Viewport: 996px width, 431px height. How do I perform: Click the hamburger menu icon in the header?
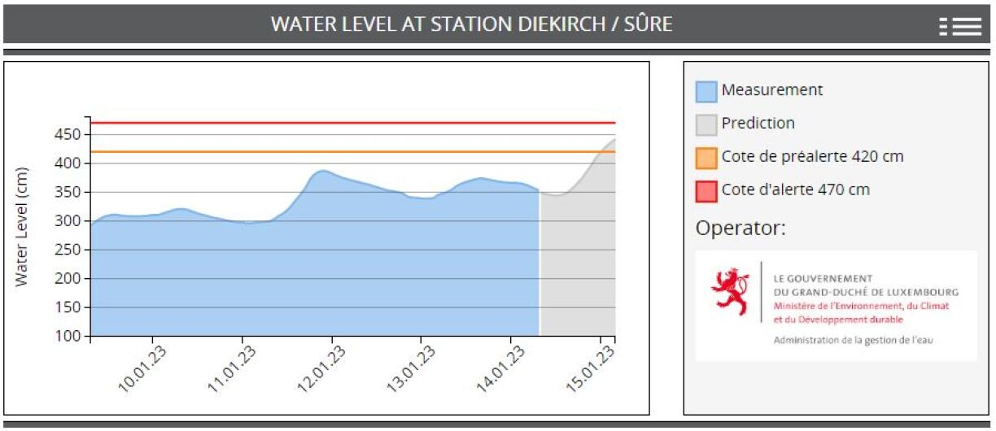(960, 26)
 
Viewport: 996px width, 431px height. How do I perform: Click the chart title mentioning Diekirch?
(471, 24)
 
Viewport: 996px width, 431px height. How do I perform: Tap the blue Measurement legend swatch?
(706, 91)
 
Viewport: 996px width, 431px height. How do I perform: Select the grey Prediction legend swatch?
(706, 124)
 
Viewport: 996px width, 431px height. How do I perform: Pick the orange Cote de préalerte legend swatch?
(706, 157)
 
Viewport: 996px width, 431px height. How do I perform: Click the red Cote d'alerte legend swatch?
(706, 190)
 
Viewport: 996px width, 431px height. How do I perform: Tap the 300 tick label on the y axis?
(70, 221)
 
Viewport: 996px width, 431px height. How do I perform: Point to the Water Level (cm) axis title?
(22, 227)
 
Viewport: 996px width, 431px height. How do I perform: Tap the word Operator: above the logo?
(740, 229)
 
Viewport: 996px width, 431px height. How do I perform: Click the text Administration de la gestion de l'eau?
(854, 340)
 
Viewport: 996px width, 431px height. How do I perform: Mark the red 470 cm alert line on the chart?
(350, 123)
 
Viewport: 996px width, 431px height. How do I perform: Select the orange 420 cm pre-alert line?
(350, 151)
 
